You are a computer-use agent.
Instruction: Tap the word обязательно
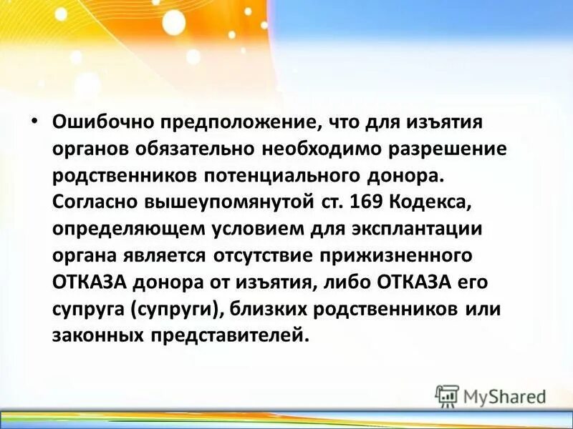(213, 149)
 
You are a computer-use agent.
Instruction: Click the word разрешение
(437, 149)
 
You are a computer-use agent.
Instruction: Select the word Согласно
(91, 203)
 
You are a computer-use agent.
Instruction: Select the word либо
(342, 282)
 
